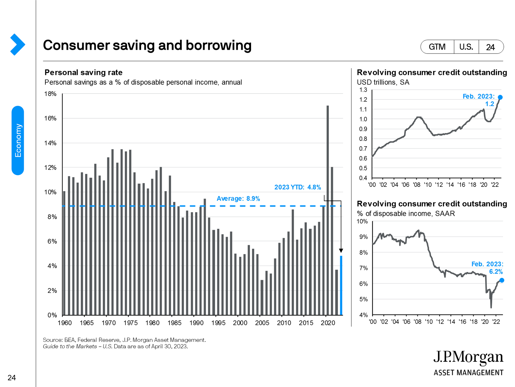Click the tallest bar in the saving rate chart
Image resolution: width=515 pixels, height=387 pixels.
tap(328, 210)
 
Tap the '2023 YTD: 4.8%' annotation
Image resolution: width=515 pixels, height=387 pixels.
tap(297, 187)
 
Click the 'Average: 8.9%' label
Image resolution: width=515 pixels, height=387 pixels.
tap(238, 199)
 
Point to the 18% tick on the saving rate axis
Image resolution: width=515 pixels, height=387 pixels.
tap(50, 94)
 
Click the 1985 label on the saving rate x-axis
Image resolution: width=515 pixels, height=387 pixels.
tap(174, 323)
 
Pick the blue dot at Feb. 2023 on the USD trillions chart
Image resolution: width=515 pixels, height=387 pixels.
tap(500, 97)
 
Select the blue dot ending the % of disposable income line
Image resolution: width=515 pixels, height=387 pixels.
tap(502, 280)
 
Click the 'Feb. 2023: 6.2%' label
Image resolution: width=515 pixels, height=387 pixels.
tap(487, 268)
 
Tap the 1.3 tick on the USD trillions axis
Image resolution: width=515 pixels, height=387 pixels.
tap(363, 90)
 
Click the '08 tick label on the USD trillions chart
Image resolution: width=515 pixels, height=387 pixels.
tap(417, 185)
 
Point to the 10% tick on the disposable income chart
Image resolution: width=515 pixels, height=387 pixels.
tap(362, 221)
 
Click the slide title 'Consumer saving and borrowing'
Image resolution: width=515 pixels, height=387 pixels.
tap(147, 45)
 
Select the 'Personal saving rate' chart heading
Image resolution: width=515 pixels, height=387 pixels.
tap(83, 72)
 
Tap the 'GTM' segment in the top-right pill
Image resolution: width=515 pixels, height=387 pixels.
tap(437, 47)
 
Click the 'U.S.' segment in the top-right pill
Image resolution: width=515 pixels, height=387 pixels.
tap(466, 47)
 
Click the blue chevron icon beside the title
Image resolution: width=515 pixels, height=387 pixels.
tap(17, 45)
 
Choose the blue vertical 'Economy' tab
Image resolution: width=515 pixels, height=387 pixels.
tap(18, 140)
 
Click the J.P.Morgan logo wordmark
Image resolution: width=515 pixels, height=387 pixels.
tap(468, 357)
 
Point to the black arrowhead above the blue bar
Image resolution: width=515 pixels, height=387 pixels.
tap(341, 250)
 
